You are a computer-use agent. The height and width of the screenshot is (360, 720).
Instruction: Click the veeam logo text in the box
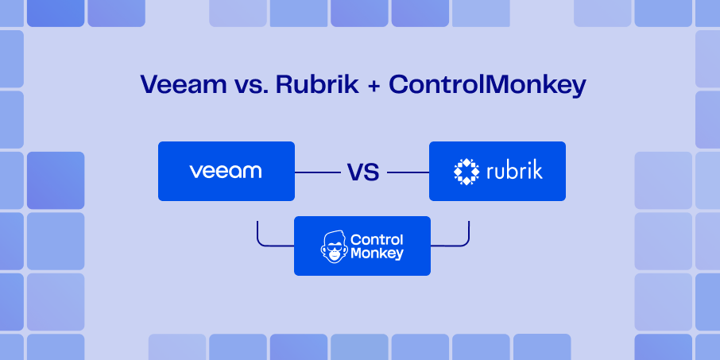pos(226,171)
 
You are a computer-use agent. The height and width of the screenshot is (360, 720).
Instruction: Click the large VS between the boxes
pos(362,172)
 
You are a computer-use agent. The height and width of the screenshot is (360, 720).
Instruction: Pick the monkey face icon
pos(334,247)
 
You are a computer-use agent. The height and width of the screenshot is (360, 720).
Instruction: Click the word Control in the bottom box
pos(377,239)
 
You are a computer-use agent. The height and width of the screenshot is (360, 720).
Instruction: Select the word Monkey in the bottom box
pos(377,254)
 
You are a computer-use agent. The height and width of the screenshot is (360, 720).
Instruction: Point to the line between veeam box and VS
pos(318,172)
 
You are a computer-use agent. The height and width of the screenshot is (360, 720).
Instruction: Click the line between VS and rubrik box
pos(407,172)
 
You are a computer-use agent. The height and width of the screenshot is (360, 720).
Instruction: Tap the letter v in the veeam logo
pos(194,172)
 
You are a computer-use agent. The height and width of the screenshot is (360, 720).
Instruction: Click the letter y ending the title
pos(578,87)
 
